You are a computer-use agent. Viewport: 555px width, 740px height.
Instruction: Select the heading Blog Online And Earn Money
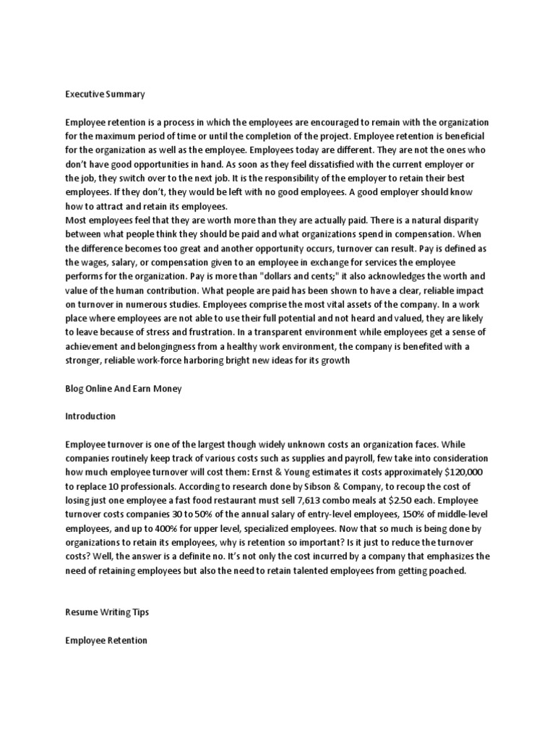[x=124, y=389]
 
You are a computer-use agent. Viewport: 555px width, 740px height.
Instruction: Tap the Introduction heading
[x=90, y=417]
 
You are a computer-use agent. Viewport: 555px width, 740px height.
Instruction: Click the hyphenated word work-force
[x=181, y=361]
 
